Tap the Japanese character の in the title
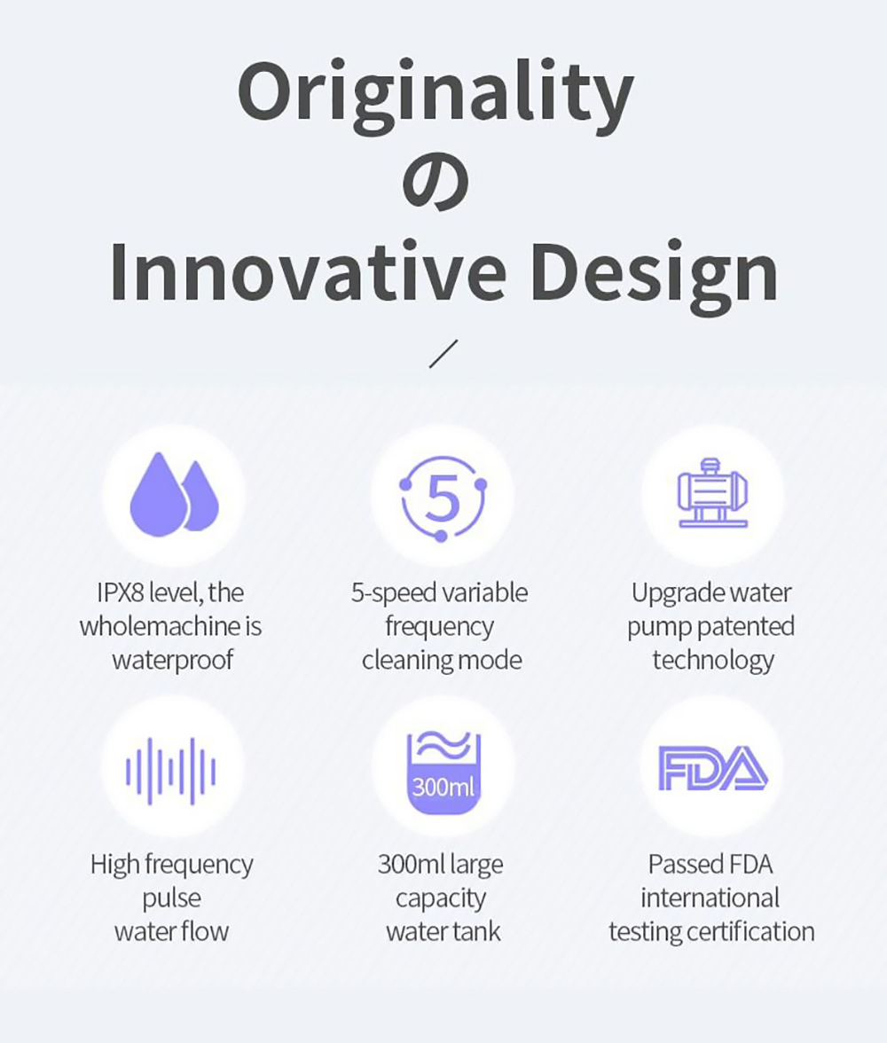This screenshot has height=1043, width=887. coord(436,184)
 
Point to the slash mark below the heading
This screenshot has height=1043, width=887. coord(443,354)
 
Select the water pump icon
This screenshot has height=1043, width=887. coord(712,493)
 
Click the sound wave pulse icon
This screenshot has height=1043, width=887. coord(171,771)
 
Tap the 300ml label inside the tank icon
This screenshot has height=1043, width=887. coord(443,788)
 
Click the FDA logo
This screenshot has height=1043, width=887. coord(712,768)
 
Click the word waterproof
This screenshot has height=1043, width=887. coord(173,661)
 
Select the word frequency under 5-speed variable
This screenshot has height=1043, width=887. coord(439,626)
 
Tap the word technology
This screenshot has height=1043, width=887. coord(713,661)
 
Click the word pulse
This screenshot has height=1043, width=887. coord(171,898)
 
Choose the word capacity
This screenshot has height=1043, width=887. coord(441,898)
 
